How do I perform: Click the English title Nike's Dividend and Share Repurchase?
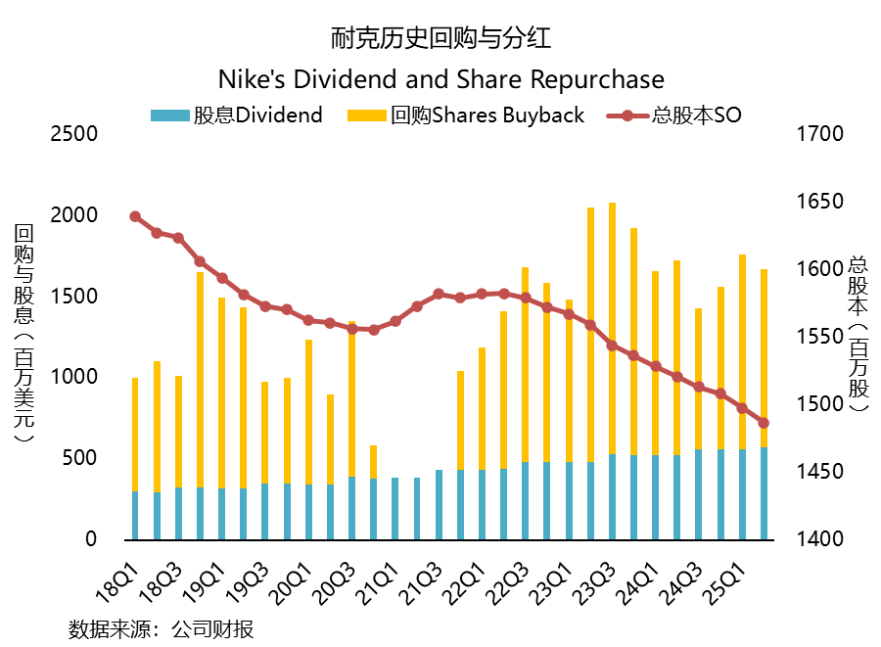[x=440, y=79]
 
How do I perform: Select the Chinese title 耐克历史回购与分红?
[x=440, y=39]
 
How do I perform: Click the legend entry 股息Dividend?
[x=237, y=116]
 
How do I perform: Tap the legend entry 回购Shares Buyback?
[x=466, y=116]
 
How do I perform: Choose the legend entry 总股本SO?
[x=674, y=116]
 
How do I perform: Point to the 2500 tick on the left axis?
[x=73, y=133]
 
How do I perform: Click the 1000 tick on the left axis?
[x=73, y=377]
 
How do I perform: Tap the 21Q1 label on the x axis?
[x=379, y=570]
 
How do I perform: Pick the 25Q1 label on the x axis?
[x=726, y=570]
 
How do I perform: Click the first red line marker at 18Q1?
[x=135, y=217]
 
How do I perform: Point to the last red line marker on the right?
[x=764, y=423]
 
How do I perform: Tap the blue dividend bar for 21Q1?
[x=395, y=508]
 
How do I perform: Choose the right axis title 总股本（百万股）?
[x=858, y=333]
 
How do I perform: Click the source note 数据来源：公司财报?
[x=161, y=628]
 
